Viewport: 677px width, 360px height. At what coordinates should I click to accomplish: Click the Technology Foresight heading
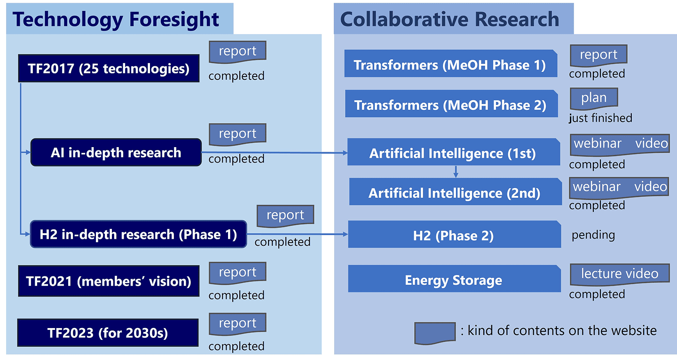click(x=116, y=19)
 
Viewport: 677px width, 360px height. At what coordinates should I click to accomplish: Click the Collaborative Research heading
click(x=450, y=19)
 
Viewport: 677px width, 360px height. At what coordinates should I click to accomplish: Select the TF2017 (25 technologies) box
click(x=109, y=68)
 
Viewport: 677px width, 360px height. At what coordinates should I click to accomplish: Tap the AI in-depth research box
click(x=116, y=152)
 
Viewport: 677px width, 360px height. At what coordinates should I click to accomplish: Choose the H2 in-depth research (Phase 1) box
click(x=138, y=234)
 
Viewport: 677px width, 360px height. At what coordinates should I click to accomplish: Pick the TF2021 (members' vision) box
click(x=109, y=281)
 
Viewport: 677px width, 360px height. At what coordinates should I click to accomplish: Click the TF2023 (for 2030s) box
click(x=108, y=333)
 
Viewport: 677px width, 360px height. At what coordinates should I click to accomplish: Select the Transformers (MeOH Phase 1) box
click(x=451, y=63)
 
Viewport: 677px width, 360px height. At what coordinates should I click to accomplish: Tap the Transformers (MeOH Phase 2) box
click(x=451, y=103)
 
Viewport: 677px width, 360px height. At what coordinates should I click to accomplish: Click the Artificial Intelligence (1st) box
click(x=454, y=152)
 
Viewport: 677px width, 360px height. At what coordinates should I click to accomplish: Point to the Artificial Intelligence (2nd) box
click(x=456, y=192)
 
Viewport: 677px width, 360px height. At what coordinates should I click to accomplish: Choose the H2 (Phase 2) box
click(x=455, y=234)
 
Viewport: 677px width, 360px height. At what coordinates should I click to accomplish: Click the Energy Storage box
click(x=454, y=278)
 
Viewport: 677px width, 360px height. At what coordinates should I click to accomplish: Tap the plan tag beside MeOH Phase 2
click(x=594, y=98)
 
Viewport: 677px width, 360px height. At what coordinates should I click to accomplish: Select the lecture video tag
click(x=620, y=274)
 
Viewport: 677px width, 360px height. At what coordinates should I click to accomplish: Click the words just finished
click(x=600, y=118)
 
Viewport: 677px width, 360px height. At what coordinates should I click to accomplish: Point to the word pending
click(x=593, y=235)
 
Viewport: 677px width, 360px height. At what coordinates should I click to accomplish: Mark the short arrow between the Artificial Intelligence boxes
click(x=456, y=172)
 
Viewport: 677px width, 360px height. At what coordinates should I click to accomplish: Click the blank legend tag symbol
click(x=435, y=333)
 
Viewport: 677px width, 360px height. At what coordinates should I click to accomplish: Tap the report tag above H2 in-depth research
click(x=285, y=216)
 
